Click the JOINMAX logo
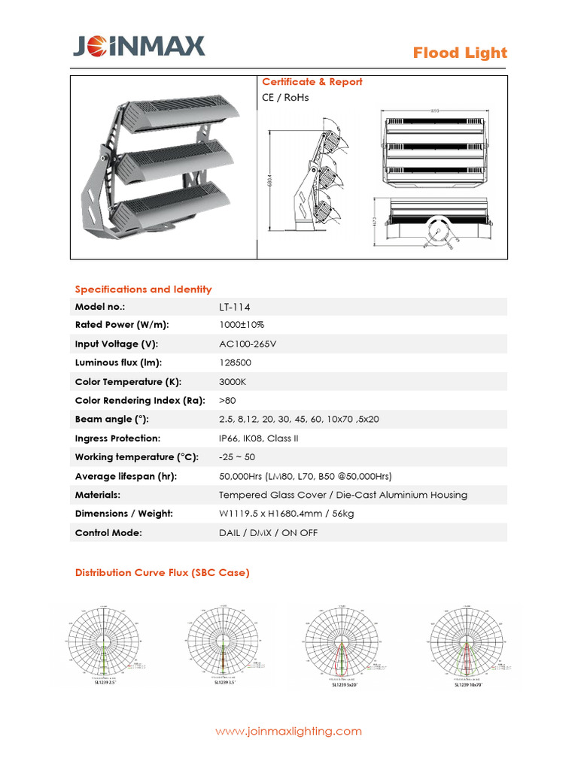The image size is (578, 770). coord(138,48)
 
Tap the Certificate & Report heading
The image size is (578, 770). coord(312,82)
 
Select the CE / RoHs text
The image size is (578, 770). coord(285,98)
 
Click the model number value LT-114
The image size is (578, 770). coord(235,307)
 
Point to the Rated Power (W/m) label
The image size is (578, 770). coord(122,325)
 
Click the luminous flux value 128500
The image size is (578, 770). coord(236,362)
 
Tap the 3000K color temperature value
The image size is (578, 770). coord(233,381)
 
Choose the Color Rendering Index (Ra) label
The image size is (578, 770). coord(140,400)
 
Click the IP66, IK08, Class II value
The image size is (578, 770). coord(259,438)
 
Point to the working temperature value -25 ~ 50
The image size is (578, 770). coord(237,457)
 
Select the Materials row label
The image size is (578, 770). coord(98,495)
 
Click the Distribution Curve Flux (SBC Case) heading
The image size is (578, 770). coord(162,573)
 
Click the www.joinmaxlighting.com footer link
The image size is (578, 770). coord(288,731)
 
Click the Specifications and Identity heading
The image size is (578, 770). coord(143,290)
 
